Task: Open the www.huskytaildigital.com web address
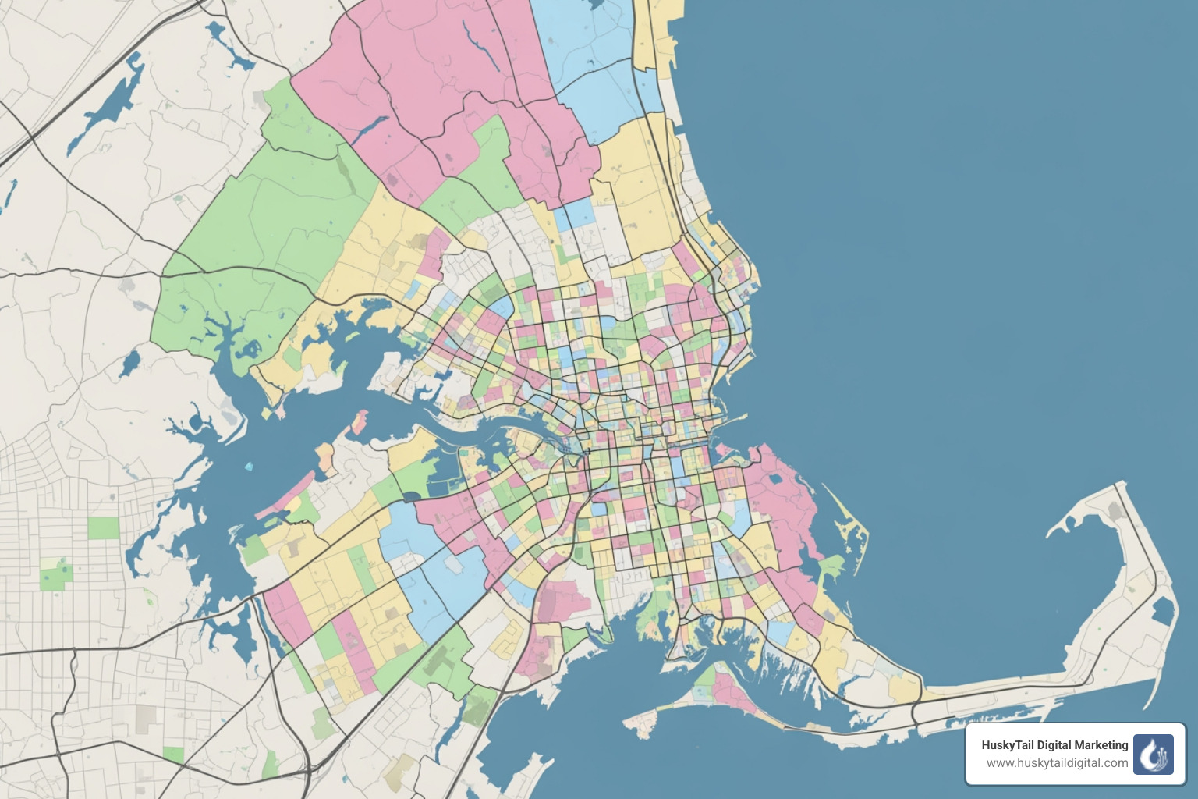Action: (1057, 763)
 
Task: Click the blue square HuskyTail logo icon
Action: (1153, 755)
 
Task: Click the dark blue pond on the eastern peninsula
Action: (1162, 609)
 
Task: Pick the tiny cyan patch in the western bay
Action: (249, 467)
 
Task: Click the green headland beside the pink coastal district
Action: (831, 566)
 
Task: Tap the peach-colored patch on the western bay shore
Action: (360, 422)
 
